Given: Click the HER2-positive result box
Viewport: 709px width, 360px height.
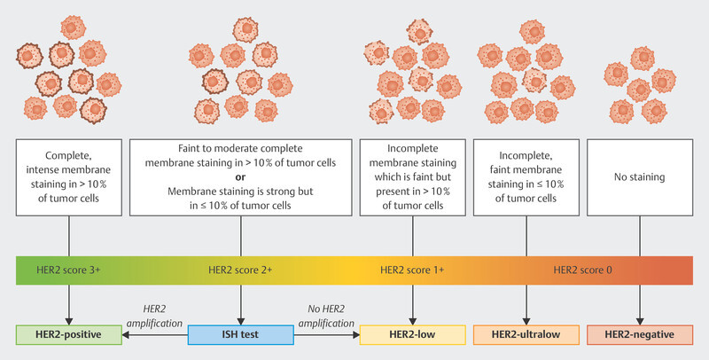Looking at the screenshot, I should [70, 335].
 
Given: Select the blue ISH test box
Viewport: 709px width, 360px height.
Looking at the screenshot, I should [240, 335].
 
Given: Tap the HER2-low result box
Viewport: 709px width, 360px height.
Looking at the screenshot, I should [412, 335].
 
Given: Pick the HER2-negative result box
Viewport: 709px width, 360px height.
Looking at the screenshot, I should [640, 335].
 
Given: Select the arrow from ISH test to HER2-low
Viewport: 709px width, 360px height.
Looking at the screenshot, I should [326, 335].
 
